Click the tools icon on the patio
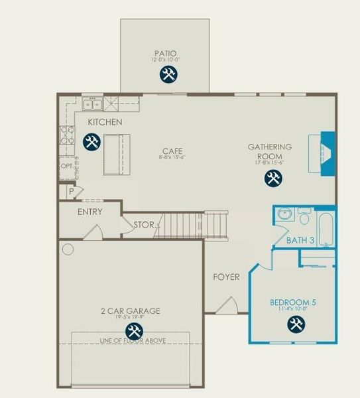click(x=168, y=75)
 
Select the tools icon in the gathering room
click(x=272, y=178)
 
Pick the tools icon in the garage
click(x=134, y=331)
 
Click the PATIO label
click(x=166, y=53)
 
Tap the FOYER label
click(x=226, y=277)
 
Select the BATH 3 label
click(x=300, y=240)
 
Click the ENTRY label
click(x=90, y=212)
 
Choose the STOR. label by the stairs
click(x=146, y=225)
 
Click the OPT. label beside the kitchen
click(x=68, y=166)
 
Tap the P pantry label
click(x=71, y=191)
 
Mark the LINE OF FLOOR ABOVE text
click(x=132, y=341)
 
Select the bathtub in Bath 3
click(x=327, y=229)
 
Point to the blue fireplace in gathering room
click(x=327, y=154)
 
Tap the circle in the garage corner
click(x=68, y=250)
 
